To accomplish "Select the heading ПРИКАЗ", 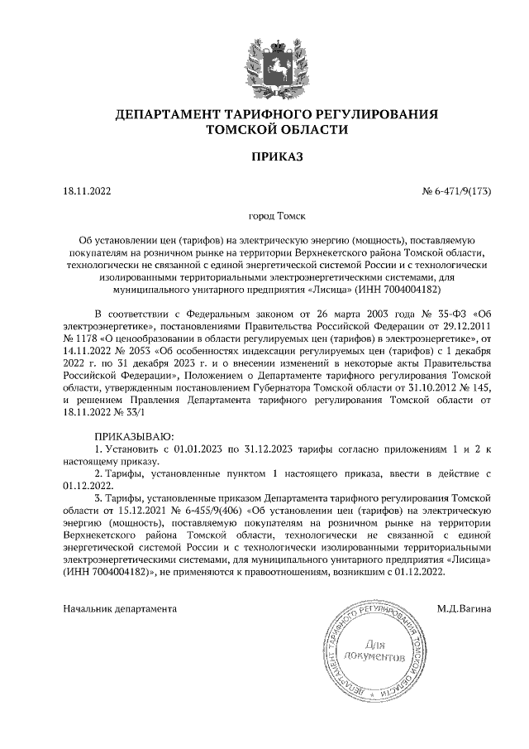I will point(264,156).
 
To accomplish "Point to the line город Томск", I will point(264,216).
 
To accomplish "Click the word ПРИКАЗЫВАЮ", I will point(134,436).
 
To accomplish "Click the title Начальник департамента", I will point(121,609).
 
